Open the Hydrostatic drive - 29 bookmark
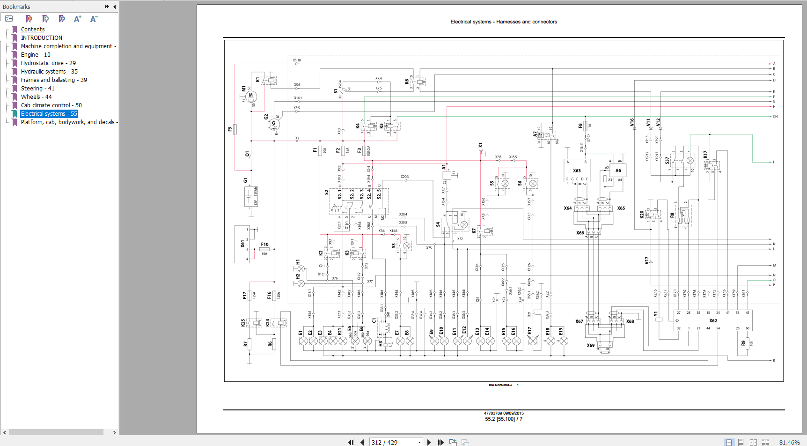48,63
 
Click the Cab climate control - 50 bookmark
51,105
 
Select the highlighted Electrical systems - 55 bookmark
49,114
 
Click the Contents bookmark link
33,30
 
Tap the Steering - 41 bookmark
37,89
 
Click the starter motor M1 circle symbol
251,96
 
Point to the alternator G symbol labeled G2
274,124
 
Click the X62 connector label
713,321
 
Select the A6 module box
618,171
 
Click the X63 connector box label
577,171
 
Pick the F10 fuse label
264,245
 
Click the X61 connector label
242,244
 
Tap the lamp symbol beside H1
301,269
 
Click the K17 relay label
705,154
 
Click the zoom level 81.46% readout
789,442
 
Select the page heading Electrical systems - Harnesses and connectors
504,22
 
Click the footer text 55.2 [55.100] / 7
504,419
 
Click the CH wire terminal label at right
775,117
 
